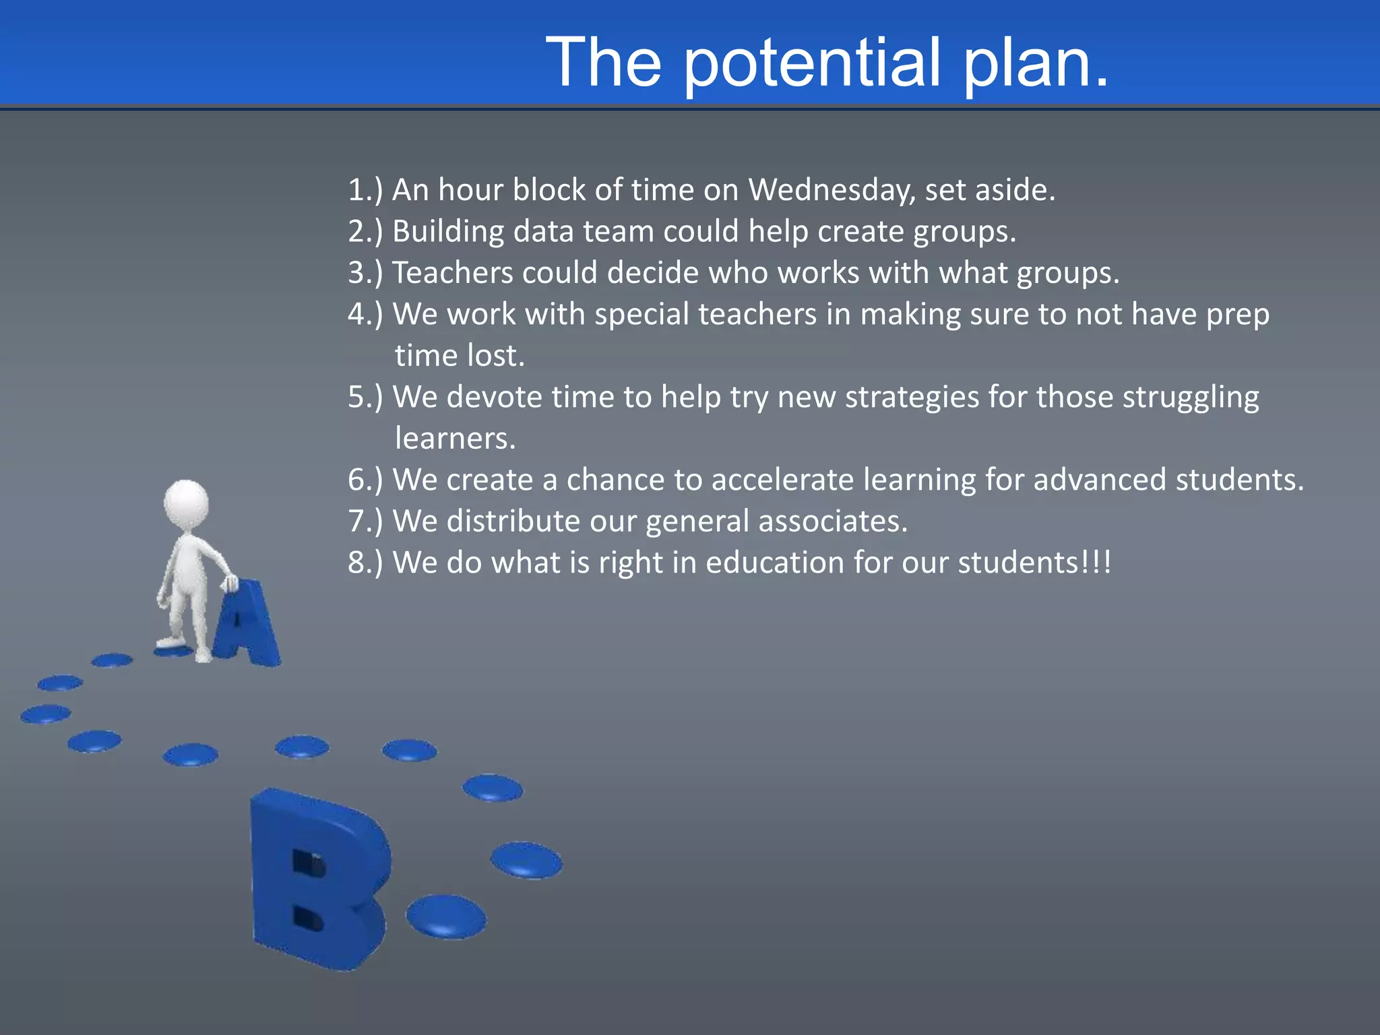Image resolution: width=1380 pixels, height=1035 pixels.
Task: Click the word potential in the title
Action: [811, 63]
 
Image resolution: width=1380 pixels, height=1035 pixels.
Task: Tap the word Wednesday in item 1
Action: [832, 190]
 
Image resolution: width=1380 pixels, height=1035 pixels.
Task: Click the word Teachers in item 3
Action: [452, 273]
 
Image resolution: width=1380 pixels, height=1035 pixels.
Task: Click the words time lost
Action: [460, 356]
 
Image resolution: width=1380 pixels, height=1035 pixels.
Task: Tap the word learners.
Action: [455, 439]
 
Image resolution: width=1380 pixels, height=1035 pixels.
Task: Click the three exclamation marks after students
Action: [1096, 563]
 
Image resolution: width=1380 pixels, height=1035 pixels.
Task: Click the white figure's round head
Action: [187, 503]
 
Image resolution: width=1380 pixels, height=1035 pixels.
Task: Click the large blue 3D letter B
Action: [317, 876]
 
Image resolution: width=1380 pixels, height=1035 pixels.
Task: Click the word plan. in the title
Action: [1034, 63]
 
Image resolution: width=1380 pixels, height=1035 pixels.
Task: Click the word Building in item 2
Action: [448, 232]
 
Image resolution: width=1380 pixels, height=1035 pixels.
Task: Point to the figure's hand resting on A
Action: [230, 582]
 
